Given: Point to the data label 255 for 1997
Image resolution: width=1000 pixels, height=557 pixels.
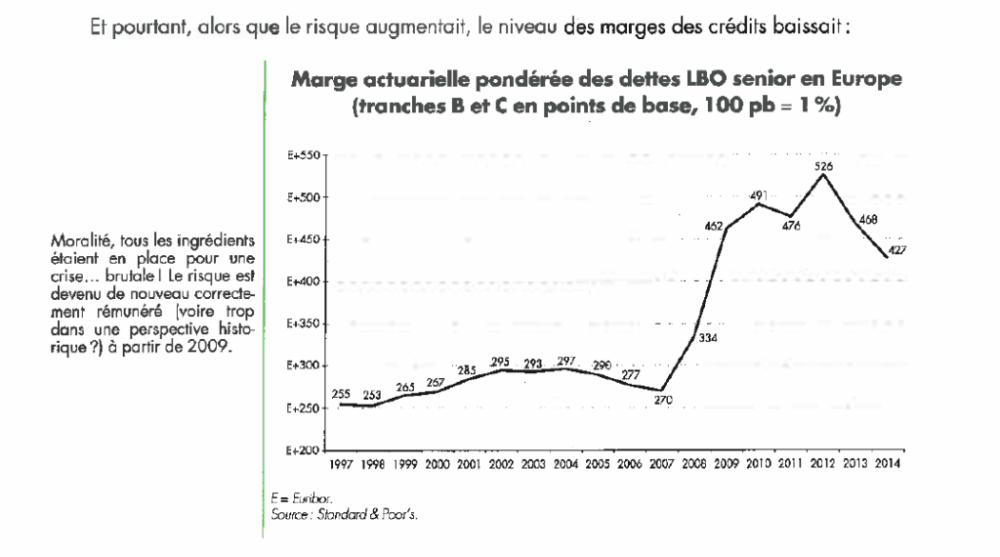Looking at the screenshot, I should [x=341, y=394].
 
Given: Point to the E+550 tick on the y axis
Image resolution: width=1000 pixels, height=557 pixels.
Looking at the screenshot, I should [x=307, y=155].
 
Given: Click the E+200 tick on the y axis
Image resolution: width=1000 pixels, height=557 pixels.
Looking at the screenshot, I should [x=307, y=450].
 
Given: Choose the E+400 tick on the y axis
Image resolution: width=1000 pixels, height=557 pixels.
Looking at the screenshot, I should [x=307, y=281].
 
